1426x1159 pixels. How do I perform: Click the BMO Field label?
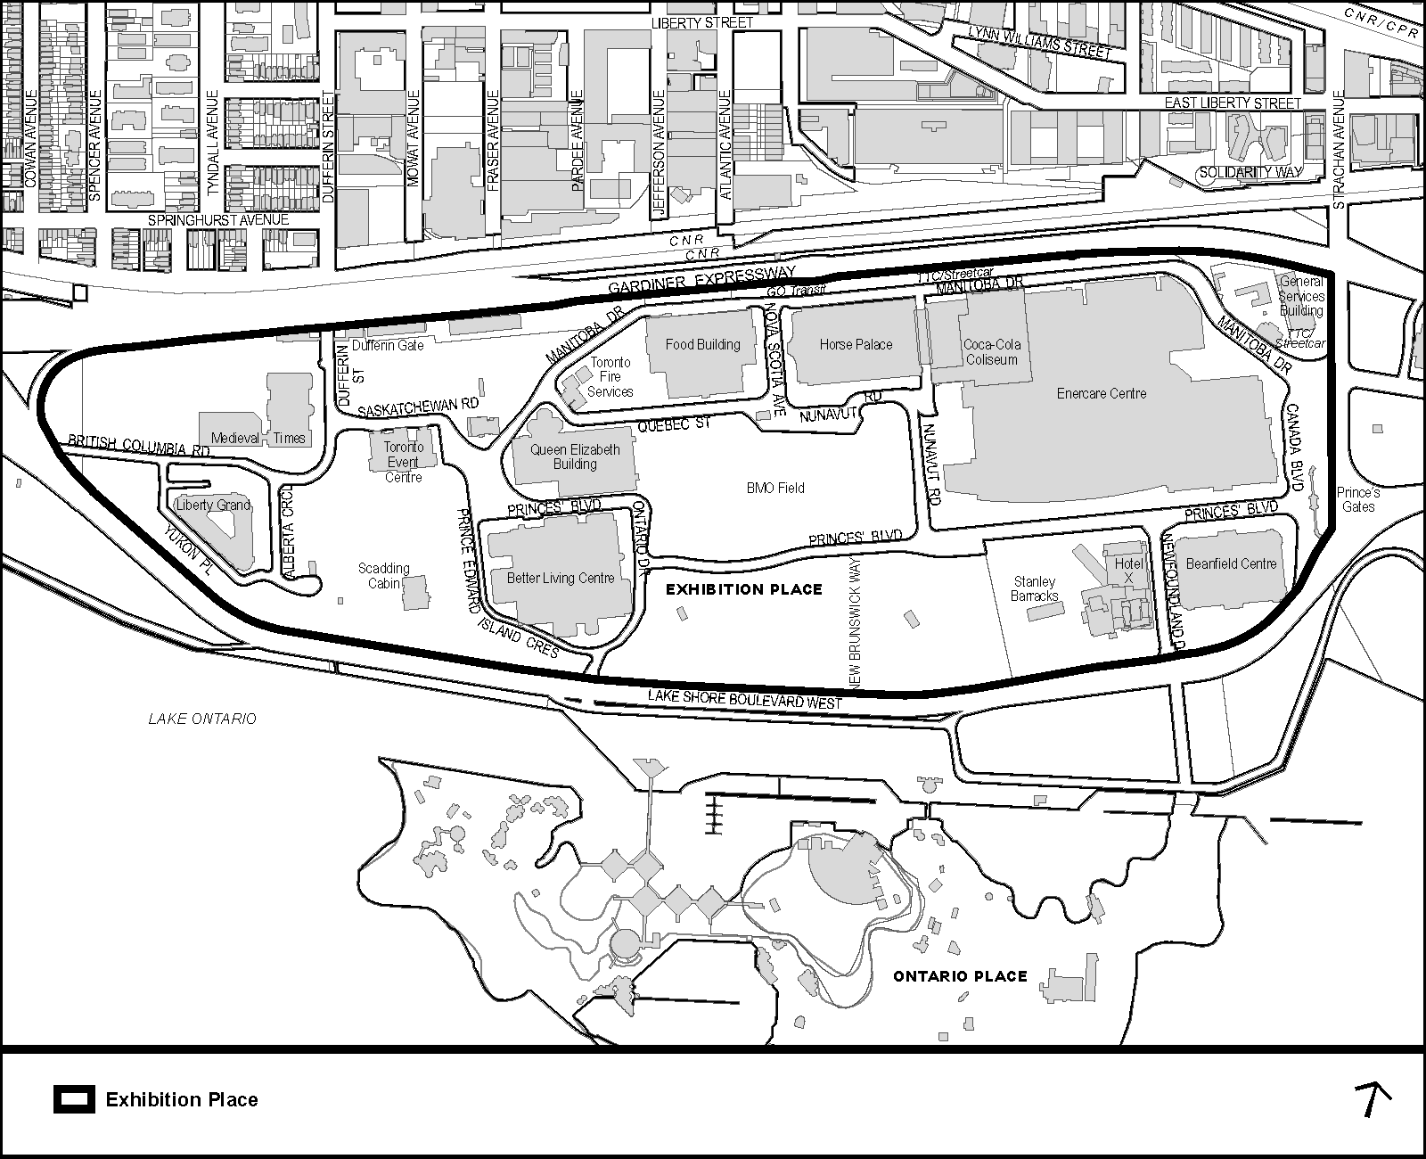pyautogui.click(x=775, y=488)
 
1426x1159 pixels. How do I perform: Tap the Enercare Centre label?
pyautogui.click(x=1102, y=393)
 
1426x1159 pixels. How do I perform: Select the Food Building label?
pyautogui.click(x=703, y=344)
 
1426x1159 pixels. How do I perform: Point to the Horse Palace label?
pyautogui.click(x=856, y=344)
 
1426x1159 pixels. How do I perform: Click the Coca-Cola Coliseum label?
pyautogui.click(x=991, y=352)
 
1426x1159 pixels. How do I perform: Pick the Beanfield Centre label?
pyautogui.click(x=1231, y=563)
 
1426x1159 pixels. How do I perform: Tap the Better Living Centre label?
pyautogui.click(x=561, y=578)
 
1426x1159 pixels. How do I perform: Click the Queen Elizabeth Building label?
pyautogui.click(x=575, y=456)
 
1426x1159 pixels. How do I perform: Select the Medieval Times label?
pyautogui.click(x=258, y=438)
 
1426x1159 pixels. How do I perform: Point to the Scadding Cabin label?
pyautogui.click(x=384, y=576)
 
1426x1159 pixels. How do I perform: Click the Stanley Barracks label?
pyautogui.click(x=1035, y=588)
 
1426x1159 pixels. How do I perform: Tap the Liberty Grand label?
pyautogui.click(x=213, y=505)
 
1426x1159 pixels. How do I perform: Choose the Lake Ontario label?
pyautogui.click(x=202, y=719)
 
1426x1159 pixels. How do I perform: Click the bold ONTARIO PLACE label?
pyautogui.click(x=960, y=976)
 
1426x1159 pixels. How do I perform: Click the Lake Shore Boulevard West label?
pyautogui.click(x=745, y=700)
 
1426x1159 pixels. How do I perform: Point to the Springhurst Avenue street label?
pyautogui.click(x=218, y=219)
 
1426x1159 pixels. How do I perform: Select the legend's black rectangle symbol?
pyautogui.click(x=74, y=1099)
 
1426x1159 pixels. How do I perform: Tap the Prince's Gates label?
pyautogui.click(x=1359, y=499)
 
